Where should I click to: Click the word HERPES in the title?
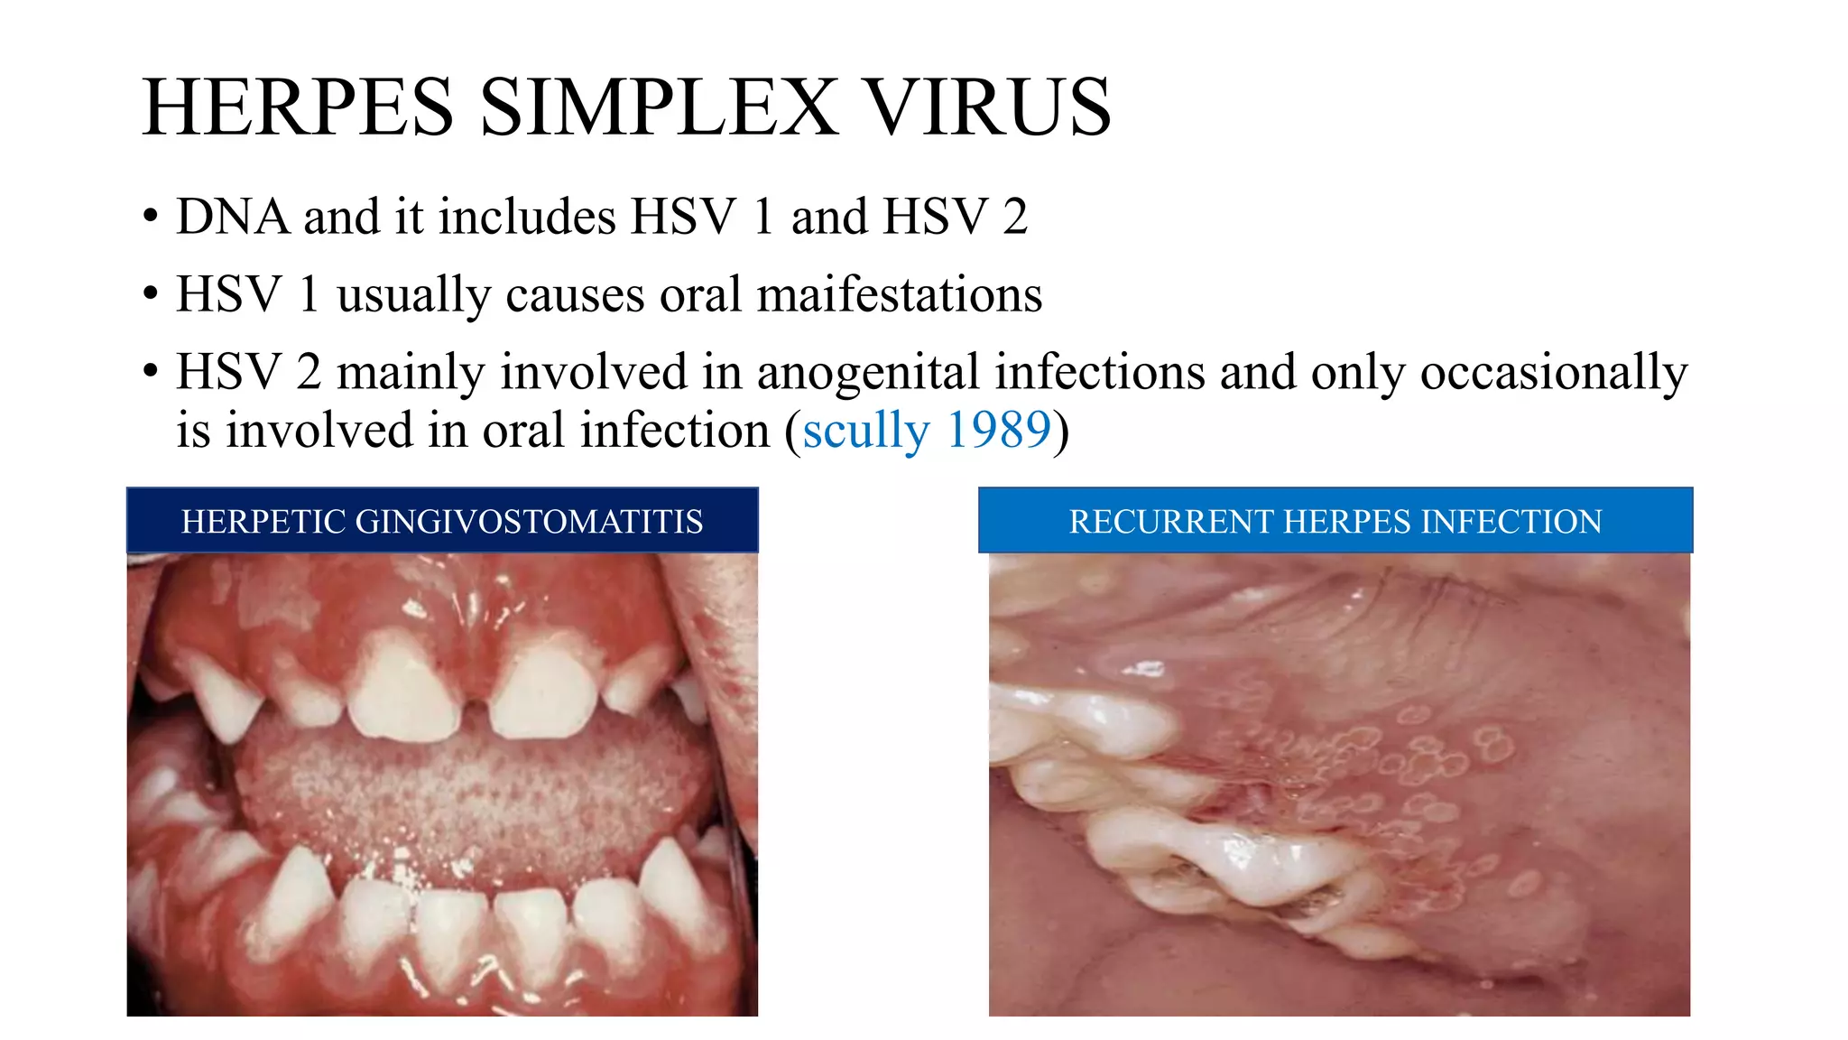[x=298, y=108]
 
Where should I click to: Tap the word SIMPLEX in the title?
[x=659, y=108]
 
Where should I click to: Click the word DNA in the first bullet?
[x=233, y=218]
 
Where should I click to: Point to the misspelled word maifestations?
[x=899, y=295]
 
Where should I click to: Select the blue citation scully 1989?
[x=927, y=431]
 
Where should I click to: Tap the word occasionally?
[x=1553, y=373]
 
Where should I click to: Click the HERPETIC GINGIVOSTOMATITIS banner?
[x=442, y=521]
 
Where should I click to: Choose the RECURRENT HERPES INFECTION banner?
[x=1335, y=521]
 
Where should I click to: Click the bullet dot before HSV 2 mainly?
[x=151, y=371]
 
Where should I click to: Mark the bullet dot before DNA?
[x=151, y=217]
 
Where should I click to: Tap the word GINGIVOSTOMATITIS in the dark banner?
[x=530, y=522]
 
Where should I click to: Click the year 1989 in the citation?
[x=999, y=431]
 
